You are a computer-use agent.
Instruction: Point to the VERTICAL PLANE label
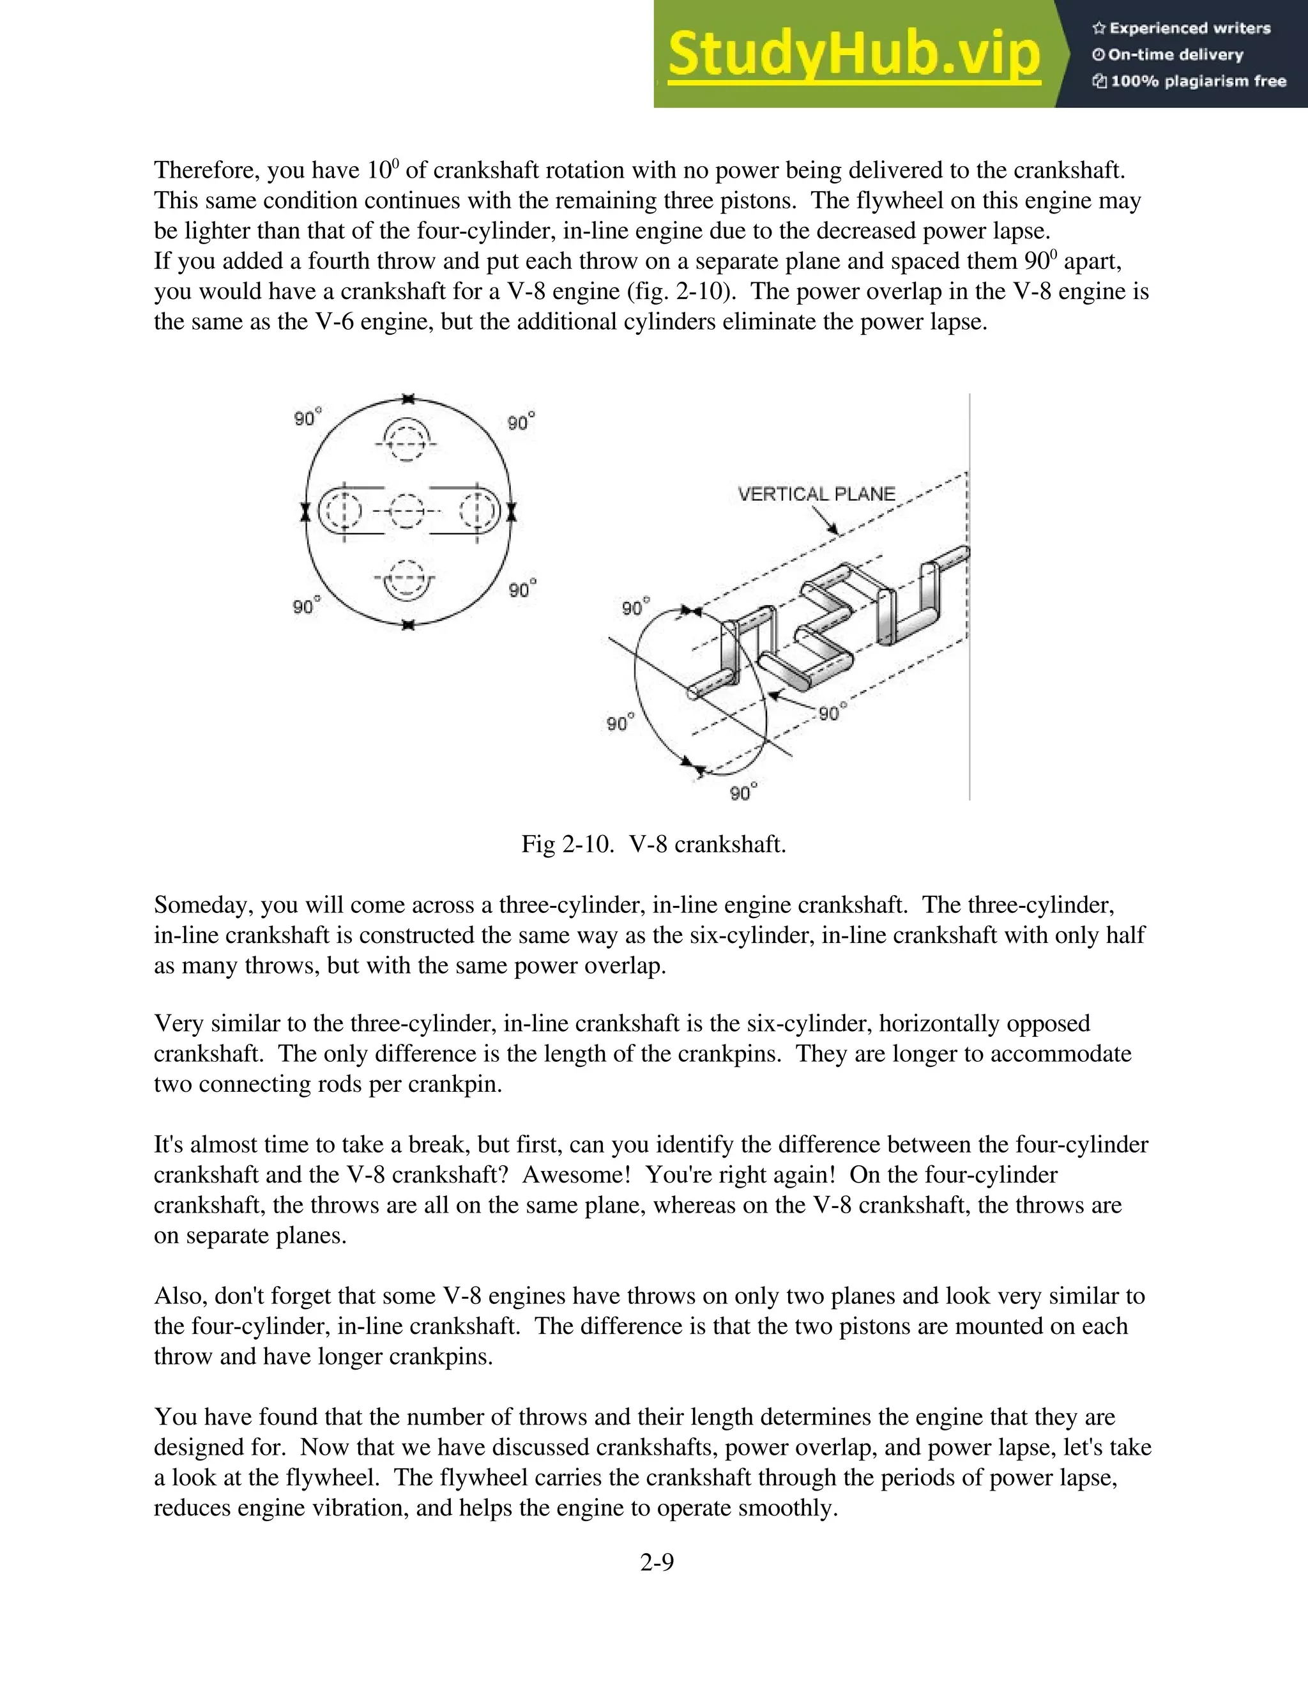click(816, 494)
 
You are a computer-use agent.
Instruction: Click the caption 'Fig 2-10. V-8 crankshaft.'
click(653, 843)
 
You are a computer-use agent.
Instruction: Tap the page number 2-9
click(657, 1563)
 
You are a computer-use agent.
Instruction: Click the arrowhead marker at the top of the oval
click(408, 399)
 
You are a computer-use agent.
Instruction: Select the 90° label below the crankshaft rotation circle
click(742, 792)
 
